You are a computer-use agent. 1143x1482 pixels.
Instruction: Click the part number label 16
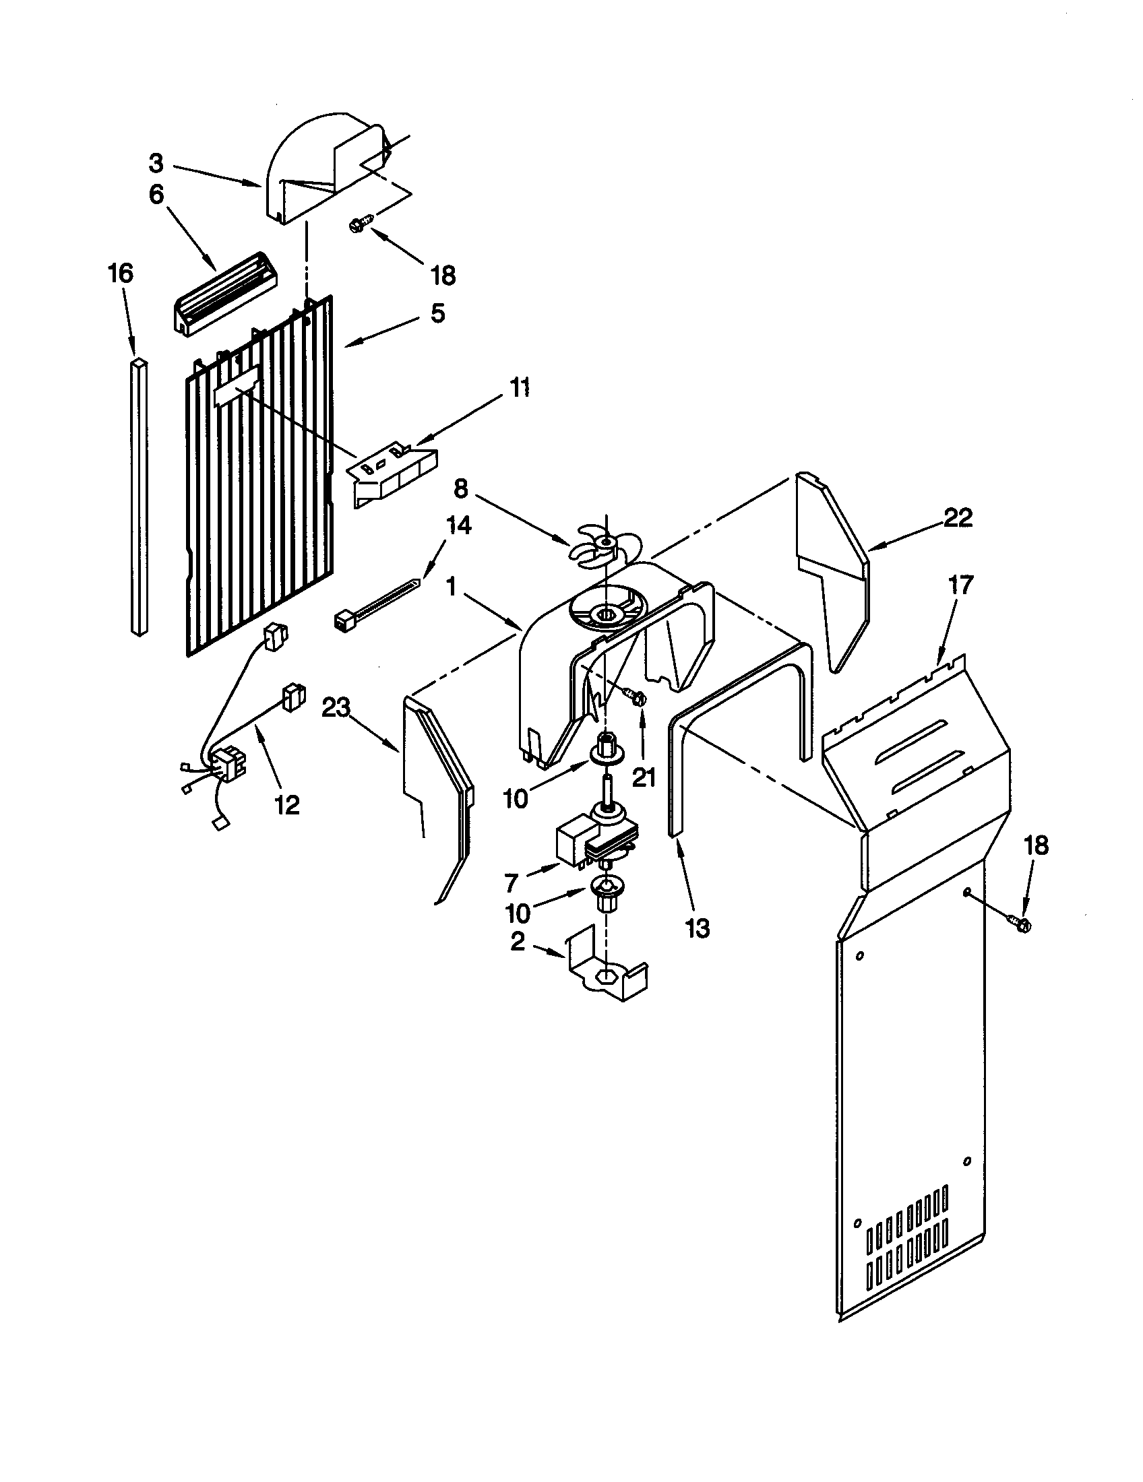coord(121,273)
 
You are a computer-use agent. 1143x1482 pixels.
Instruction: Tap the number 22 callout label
coord(958,518)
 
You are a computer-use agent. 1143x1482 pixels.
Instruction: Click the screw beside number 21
coord(637,697)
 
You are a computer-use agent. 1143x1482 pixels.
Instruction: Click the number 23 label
coord(336,709)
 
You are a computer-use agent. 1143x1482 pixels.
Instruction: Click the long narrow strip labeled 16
coord(139,495)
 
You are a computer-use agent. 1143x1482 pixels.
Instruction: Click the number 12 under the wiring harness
coord(287,804)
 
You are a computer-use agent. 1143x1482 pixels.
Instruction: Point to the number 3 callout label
coord(156,164)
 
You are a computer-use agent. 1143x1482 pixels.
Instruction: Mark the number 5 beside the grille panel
coord(438,313)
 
